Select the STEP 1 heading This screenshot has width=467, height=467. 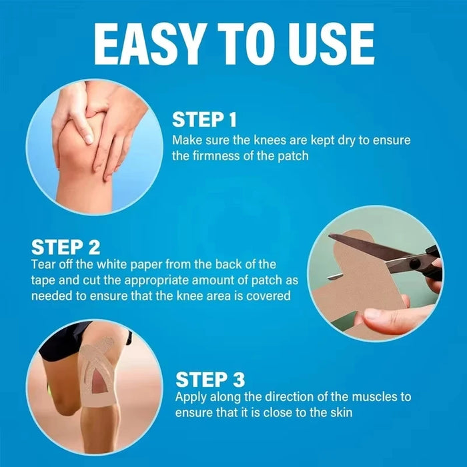pyautogui.click(x=204, y=120)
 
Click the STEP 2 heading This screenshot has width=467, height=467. pyautogui.click(x=65, y=248)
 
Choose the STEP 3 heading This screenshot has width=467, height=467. pyautogui.click(x=209, y=380)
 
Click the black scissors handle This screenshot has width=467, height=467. pyautogui.click(x=431, y=262)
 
